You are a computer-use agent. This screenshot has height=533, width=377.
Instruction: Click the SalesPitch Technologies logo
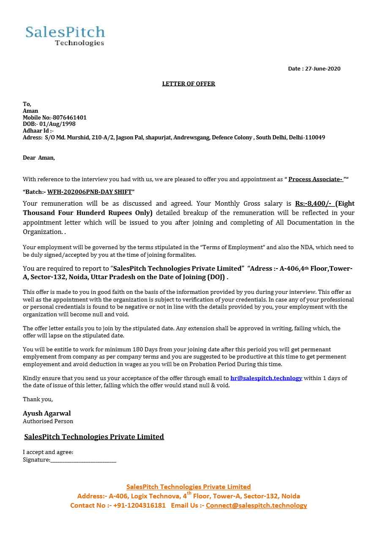coord(65,35)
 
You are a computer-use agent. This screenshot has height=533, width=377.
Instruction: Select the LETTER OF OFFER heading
coord(188,84)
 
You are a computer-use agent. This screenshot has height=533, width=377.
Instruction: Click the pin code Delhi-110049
coord(307,138)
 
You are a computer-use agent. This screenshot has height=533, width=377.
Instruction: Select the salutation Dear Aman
coord(38,158)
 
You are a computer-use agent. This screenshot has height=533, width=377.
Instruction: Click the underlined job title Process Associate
coord(315,179)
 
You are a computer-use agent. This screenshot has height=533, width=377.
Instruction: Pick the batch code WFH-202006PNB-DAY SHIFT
coord(90,192)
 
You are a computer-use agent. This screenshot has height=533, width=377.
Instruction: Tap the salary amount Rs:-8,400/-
coord(313,204)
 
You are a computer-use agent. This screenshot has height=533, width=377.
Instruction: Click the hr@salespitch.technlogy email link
coord(266,378)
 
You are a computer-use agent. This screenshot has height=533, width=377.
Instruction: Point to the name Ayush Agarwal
coord(47,413)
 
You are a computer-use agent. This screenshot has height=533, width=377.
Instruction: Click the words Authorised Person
coord(48,421)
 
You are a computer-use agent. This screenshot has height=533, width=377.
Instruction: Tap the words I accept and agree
coord(48,452)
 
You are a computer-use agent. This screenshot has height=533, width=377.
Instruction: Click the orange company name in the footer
coord(188,487)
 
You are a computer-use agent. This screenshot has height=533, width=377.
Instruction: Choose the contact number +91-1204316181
coord(139,506)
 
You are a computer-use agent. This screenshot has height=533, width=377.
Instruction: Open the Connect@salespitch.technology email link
coord(256,506)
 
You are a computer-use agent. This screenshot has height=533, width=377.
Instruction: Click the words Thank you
coord(38,399)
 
